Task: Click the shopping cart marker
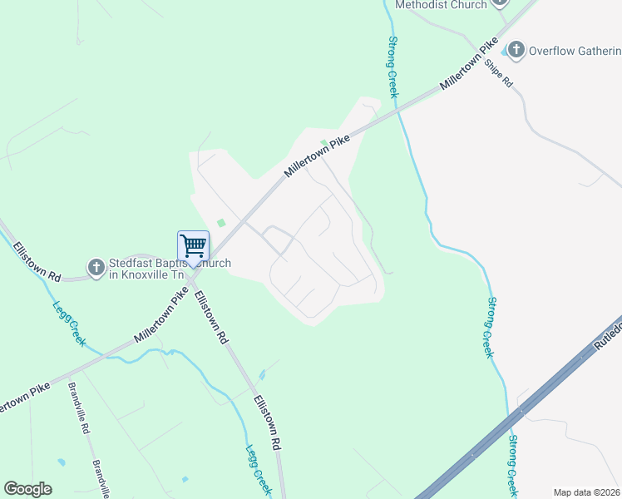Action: tap(193, 246)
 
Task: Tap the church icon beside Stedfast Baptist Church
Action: tap(96, 268)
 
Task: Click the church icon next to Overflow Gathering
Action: tap(516, 51)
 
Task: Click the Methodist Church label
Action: tap(440, 5)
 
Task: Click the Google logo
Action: tap(27, 489)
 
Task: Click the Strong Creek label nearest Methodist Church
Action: tap(392, 67)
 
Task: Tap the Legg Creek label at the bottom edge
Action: tap(257, 469)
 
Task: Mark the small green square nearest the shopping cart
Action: tap(221, 222)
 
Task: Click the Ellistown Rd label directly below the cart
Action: tap(212, 317)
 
